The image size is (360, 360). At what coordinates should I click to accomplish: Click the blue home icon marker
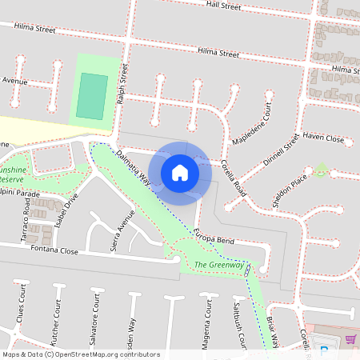tap(180, 171)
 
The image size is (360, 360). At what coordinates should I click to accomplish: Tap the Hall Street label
tap(223, 6)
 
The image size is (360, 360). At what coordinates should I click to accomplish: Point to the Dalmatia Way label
tap(134, 167)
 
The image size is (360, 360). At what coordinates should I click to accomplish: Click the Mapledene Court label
tap(252, 128)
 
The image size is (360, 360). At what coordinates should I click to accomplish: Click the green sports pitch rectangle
tap(93, 96)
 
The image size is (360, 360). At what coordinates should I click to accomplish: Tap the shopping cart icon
tap(350, 339)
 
